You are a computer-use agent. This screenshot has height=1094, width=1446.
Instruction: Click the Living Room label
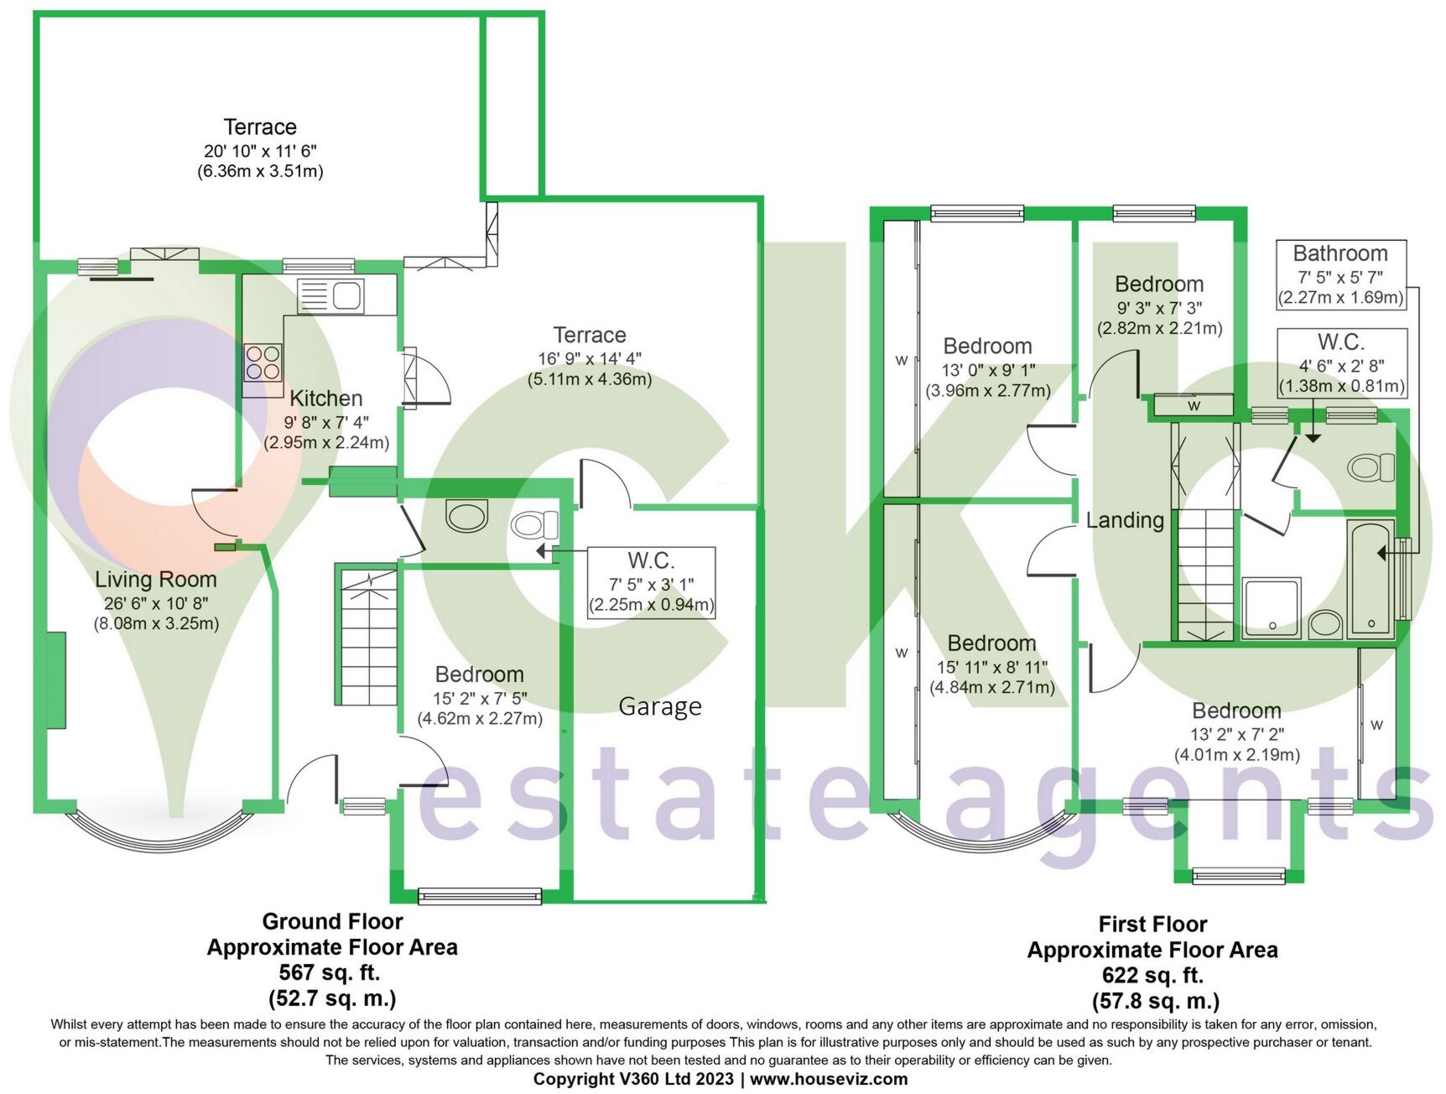155,580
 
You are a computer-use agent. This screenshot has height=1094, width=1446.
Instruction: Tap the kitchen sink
330,295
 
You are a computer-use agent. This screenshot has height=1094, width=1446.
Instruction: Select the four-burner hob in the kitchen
263,363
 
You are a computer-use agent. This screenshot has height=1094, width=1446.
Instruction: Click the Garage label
660,707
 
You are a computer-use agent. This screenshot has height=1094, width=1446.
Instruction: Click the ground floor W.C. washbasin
466,517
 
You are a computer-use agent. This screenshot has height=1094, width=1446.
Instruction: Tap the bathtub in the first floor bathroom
1371,579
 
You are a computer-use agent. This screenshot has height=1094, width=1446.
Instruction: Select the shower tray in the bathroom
1272,607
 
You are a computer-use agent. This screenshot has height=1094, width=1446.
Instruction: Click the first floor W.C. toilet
1371,468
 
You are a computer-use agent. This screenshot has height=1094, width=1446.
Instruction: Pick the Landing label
1125,521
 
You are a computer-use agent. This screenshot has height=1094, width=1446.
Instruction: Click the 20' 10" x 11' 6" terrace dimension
260,151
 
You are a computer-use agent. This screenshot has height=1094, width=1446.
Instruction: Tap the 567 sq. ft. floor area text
330,973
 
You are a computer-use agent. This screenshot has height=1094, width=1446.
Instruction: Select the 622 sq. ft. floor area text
1152,976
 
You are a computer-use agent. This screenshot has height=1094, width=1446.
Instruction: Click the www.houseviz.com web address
829,1080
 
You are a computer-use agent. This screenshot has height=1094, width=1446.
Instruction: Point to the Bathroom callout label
1340,253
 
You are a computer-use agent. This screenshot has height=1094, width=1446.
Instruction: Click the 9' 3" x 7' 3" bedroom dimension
1159,308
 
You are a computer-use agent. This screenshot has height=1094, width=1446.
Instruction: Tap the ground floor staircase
368,635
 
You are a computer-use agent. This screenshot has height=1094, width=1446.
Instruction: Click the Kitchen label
326,399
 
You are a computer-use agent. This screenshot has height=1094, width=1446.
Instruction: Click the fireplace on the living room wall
56,681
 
